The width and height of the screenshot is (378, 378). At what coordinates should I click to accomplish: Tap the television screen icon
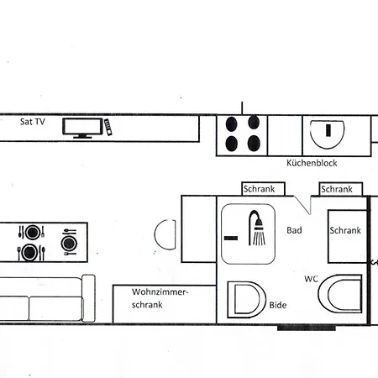click(84, 127)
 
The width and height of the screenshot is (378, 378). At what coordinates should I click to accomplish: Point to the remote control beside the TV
click(108, 126)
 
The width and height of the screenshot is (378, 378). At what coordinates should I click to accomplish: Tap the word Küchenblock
click(311, 163)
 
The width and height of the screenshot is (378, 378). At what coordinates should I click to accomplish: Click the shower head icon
click(257, 228)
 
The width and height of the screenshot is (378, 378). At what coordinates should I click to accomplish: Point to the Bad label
click(294, 230)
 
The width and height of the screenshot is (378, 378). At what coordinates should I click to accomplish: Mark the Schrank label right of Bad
click(345, 230)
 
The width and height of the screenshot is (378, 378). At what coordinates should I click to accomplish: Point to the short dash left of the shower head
click(230, 239)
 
